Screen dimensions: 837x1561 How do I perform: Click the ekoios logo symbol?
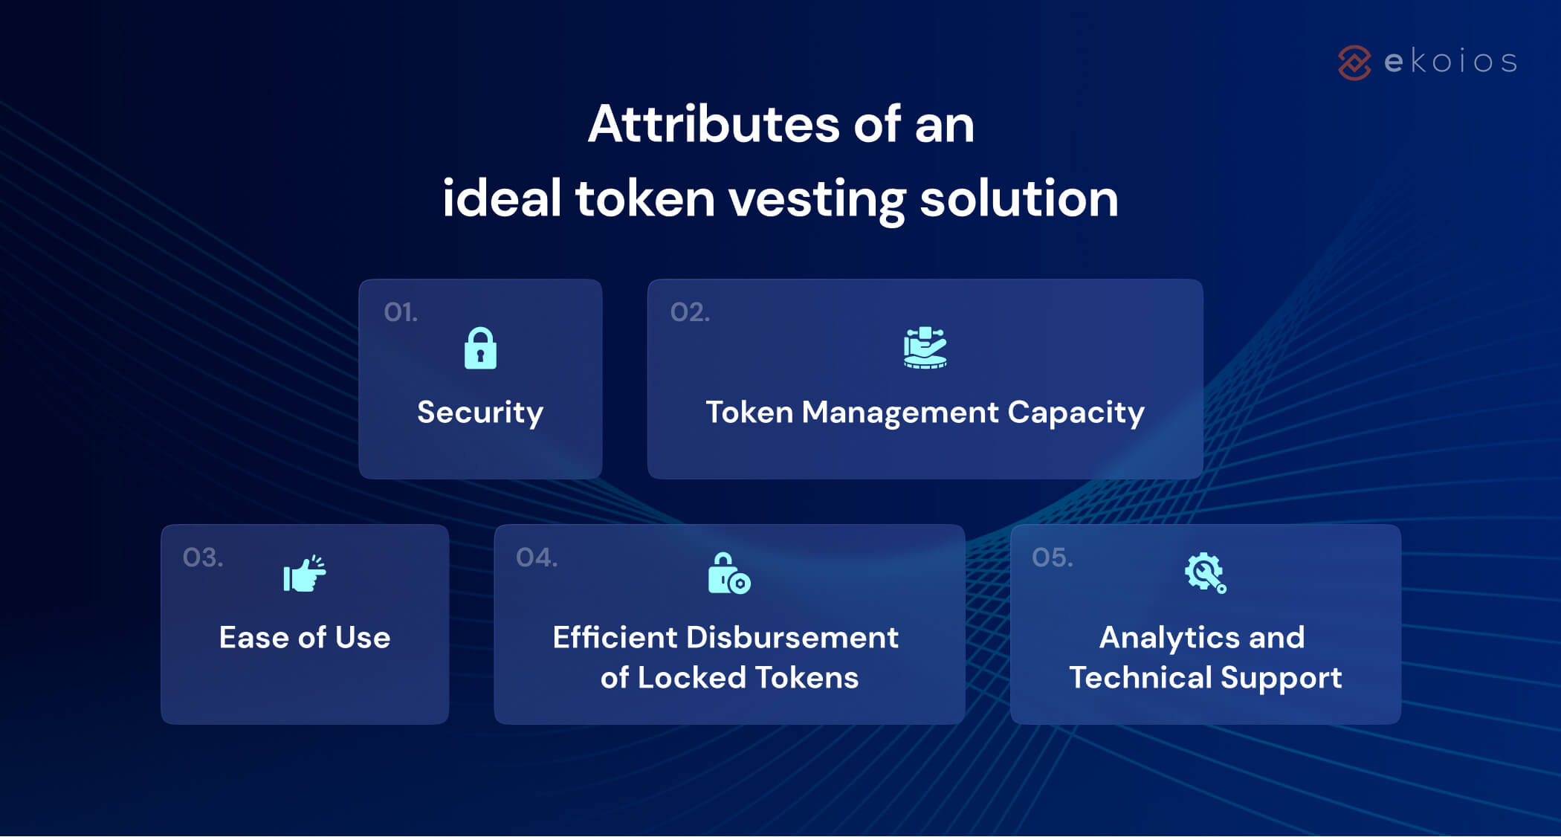(1354, 62)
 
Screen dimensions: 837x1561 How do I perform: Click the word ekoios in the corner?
(1450, 62)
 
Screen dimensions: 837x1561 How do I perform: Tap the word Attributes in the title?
(714, 124)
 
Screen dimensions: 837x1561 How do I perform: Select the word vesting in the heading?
(816, 199)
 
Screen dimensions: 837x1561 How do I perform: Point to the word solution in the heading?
(1018, 199)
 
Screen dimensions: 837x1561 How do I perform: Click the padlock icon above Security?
(480, 348)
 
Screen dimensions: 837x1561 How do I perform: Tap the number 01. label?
(401, 312)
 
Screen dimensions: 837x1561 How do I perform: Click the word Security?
(480, 413)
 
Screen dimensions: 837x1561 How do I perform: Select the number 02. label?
(690, 312)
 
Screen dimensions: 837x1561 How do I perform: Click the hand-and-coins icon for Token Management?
(925, 348)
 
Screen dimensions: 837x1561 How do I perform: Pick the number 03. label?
(203, 558)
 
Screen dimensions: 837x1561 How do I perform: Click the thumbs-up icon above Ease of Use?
(304, 574)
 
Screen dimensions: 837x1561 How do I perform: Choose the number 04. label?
(537, 558)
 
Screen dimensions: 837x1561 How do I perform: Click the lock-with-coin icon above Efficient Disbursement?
(728, 573)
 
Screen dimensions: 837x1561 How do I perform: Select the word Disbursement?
(792, 638)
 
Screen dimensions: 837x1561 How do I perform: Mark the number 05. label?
(1052, 558)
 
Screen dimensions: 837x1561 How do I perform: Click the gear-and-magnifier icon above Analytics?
(1205, 573)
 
